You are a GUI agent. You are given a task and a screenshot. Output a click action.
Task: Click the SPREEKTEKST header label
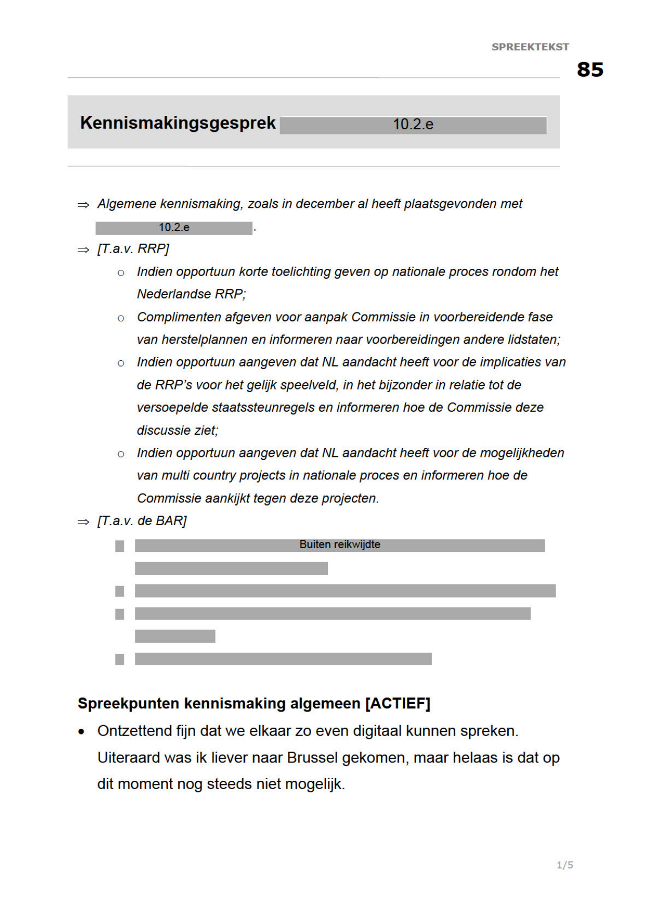[x=530, y=47]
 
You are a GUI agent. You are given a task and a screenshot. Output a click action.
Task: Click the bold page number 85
[x=590, y=69]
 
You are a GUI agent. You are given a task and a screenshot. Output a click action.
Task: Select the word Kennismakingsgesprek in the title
[x=178, y=123]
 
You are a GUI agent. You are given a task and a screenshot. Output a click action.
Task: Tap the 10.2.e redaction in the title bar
[x=413, y=125]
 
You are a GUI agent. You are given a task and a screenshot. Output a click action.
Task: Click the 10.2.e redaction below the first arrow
[x=174, y=228]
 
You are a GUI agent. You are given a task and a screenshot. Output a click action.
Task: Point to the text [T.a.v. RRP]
[x=133, y=249]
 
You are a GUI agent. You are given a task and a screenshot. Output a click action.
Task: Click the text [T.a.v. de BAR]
[x=142, y=521]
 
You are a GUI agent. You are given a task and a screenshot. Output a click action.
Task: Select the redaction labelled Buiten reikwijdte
[x=339, y=545]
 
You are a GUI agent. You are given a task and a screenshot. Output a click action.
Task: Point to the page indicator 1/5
[x=564, y=865]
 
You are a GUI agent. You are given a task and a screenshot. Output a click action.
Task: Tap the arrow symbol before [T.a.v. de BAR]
[x=83, y=522]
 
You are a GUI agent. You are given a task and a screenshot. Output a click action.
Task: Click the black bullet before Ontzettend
[x=81, y=732]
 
